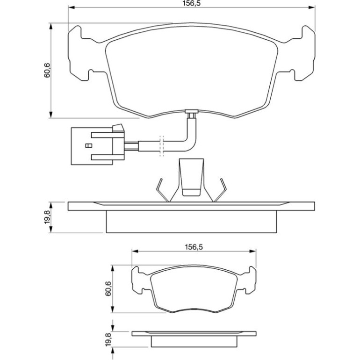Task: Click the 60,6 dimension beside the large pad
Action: pyautogui.click(x=47, y=70)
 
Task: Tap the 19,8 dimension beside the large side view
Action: pyautogui.click(x=47, y=217)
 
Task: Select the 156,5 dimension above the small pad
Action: pyautogui.click(x=194, y=247)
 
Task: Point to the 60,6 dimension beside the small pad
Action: pyautogui.click(x=108, y=288)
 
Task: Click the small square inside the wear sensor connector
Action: pyautogui.click(x=88, y=145)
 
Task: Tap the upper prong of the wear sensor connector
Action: pyautogui.click(x=102, y=135)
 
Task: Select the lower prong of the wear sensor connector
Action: pyautogui.click(x=102, y=157)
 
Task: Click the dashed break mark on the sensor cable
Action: pyautogui.click(x=162, y=146)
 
